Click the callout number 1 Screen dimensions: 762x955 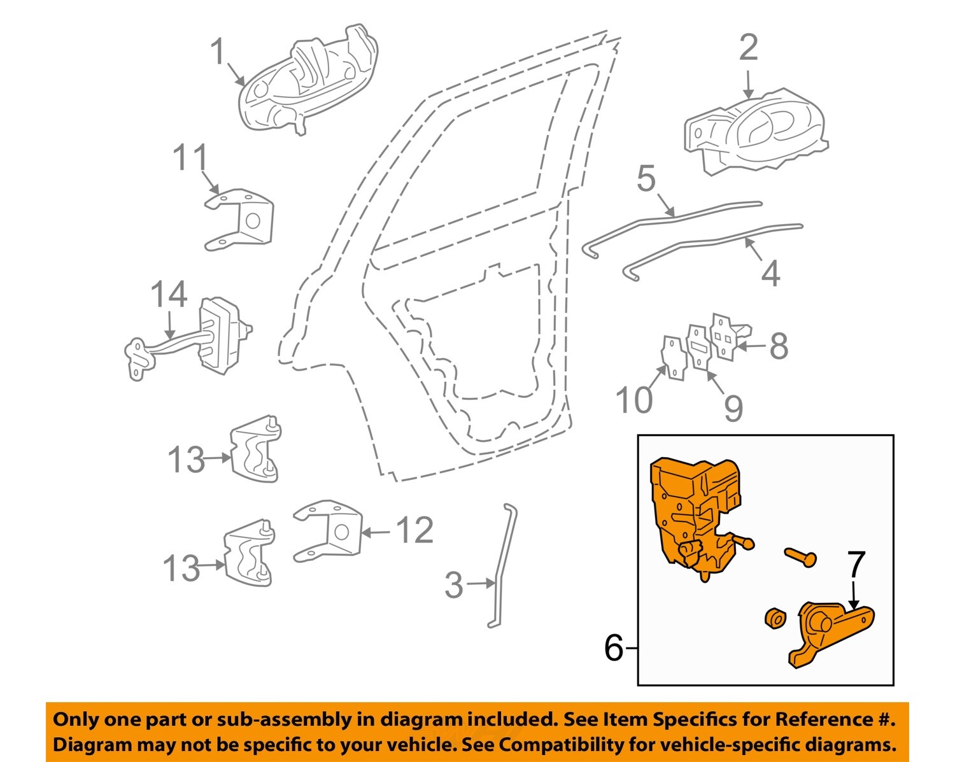[x=218, y=52]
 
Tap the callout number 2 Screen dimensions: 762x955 [x=748, y=48]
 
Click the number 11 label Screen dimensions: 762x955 [x=190, y=157]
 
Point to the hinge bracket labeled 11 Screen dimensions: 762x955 [x=242, y=220]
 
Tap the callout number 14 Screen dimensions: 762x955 [x=169, y=295]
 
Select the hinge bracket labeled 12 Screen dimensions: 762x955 [x=328, y=530]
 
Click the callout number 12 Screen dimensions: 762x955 [x=414, y=530]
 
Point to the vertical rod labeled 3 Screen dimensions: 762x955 [x=503, y=567]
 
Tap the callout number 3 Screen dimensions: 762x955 [x=453, y=585]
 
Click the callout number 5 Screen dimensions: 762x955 [x=646, y=179]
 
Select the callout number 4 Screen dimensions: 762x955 [x=770, y=274]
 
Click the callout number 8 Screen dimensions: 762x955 [x=779, y=346]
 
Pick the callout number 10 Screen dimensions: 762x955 [x=634, y=400]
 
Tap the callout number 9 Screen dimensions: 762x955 [x=733, y=408]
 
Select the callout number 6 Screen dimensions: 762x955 [x=613, y=649]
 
